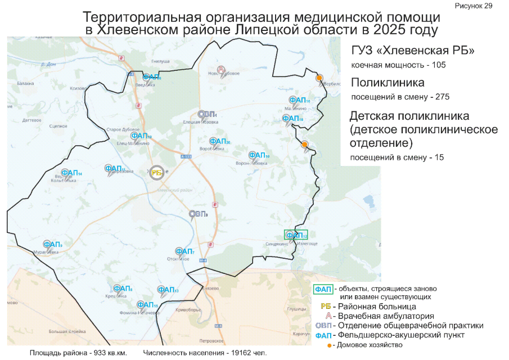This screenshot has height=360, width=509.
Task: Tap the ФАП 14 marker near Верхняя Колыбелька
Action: [71, 173]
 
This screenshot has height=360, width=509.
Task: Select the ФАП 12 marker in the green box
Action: [296, 235]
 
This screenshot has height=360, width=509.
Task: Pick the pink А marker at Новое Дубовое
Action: [222, 70]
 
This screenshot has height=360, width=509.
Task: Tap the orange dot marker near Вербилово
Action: [319, 78]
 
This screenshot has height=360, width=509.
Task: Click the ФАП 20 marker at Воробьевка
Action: [219, 142]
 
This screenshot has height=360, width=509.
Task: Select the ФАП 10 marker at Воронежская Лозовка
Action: [259, 155]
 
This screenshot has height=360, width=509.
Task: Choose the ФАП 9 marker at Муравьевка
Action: [53, 245]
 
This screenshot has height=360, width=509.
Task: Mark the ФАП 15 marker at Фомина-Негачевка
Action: [147, 305]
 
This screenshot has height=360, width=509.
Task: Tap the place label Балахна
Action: [26, 83]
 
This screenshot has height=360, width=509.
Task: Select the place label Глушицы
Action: [295, 309]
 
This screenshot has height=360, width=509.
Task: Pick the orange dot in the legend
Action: [328, 345]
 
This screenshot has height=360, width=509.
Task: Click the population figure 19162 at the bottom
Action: [239, 353]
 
